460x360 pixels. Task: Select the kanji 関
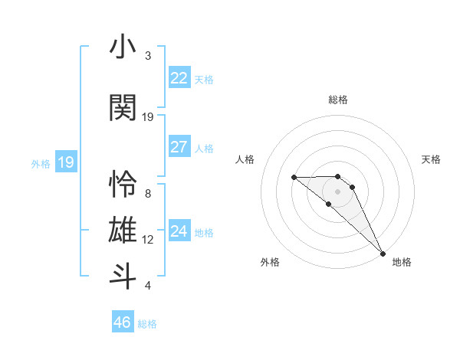(123, 107)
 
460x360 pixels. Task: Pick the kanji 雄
(123, 231)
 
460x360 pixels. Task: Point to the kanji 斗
(123, 277)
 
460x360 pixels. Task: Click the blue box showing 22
(179, 78)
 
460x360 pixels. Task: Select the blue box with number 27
(179, 147)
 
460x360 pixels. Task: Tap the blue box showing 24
(179, 231)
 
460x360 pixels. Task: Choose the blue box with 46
(123, 322)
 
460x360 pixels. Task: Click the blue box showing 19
(66, 162)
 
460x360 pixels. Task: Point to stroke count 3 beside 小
(148, 56)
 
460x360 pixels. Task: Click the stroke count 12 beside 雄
(148, 240)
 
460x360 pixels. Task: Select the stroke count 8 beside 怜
(148, 194)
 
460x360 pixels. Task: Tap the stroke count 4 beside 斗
(148, 286)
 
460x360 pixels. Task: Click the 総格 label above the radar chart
(338, 100)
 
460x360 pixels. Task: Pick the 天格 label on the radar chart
(432, 159)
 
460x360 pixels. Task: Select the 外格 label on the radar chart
(270, 262)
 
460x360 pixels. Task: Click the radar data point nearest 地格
(383, 253)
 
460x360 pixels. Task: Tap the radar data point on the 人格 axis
(294, 177)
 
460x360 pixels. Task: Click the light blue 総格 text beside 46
(148, 324)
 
